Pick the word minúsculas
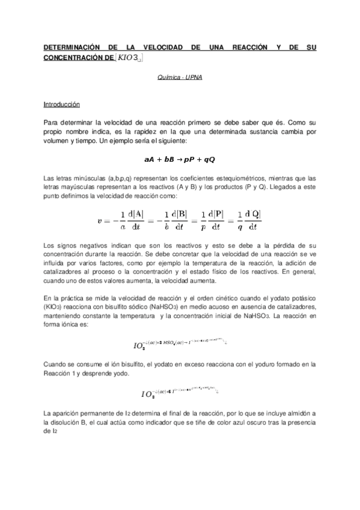click(90, 179)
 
